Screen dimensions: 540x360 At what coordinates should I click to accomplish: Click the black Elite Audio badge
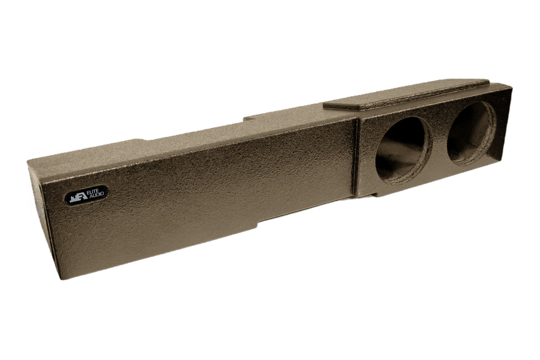click(x=86, y=195)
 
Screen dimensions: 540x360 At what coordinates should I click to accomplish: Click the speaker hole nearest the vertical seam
click(x=403, y=151)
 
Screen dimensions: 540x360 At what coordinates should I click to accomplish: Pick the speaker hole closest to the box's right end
click(x=472, y=133)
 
